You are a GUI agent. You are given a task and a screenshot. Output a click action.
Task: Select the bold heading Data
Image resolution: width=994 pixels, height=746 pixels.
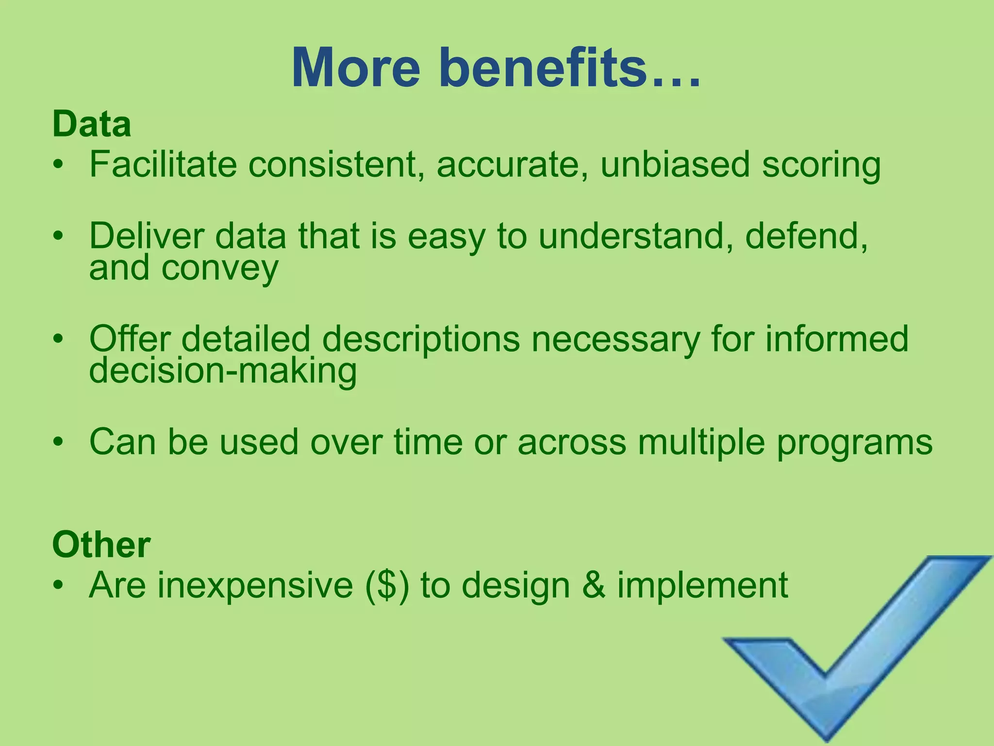(92, 124)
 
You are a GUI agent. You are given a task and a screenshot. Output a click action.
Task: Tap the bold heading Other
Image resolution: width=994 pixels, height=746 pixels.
(101, 545)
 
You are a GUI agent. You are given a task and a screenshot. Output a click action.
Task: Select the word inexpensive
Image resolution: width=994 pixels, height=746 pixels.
(255, 586)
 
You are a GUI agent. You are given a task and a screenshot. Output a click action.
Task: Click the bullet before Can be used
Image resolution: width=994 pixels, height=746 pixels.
(59, 442)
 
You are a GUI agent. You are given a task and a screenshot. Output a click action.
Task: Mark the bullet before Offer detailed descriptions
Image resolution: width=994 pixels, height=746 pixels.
(59, 339)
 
